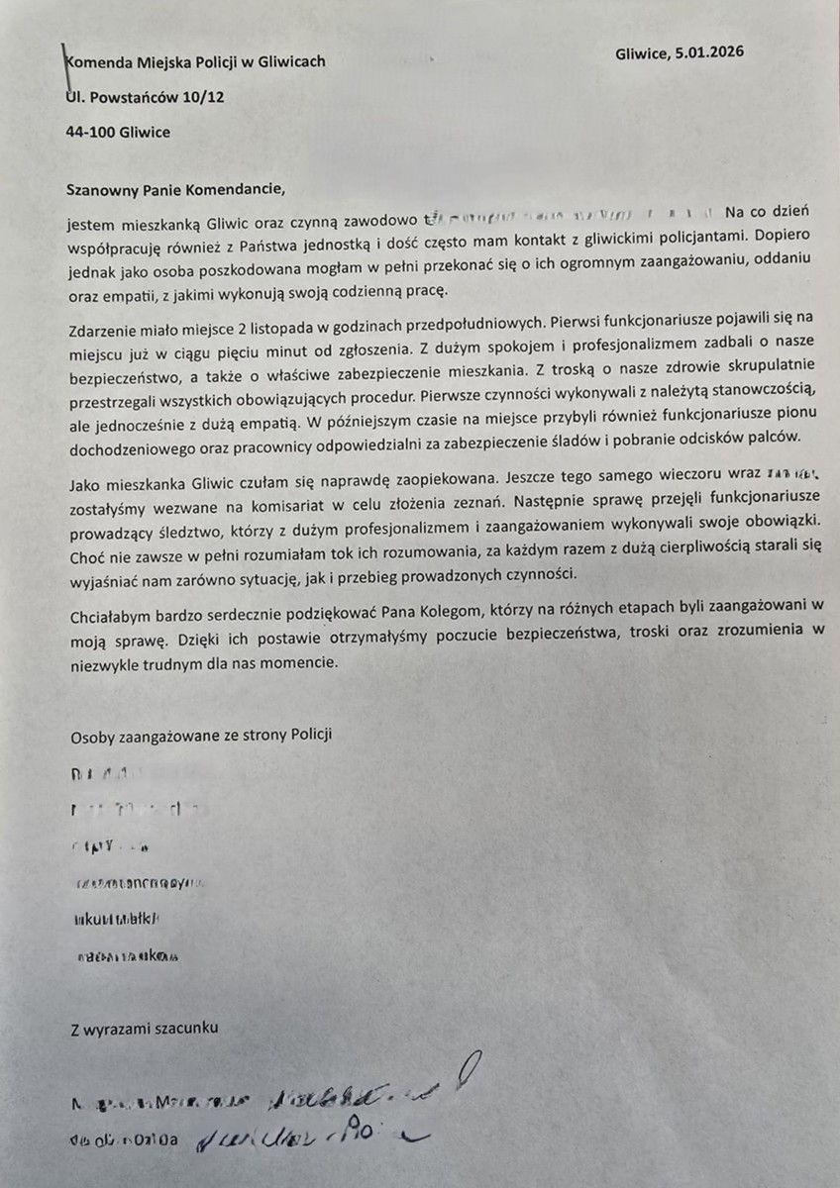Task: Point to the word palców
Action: (787, 441)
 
